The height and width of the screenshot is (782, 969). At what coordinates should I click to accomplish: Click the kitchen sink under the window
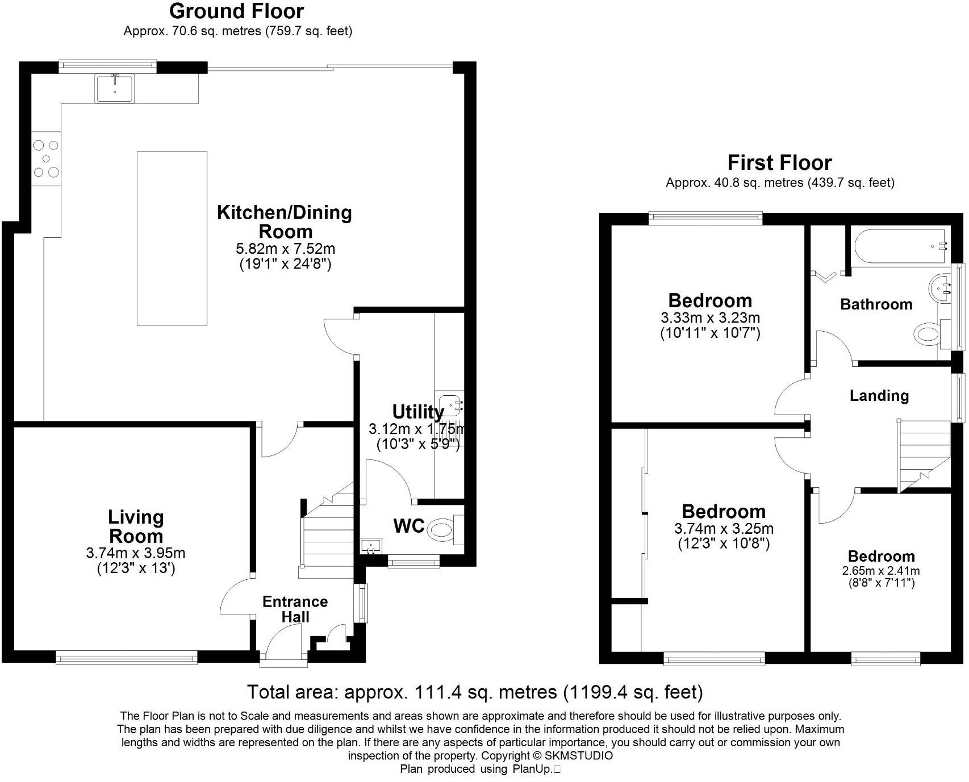pyautogui.click(x=115, y=88)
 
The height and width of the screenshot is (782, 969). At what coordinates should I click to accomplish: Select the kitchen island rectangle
pyautogui.click(x=172, y=238)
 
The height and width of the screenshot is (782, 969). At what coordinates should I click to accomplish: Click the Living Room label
pyautogui.click(x=136, y=526)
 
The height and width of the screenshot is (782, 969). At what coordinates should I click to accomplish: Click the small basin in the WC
pyautogui.click(x=372, y=546)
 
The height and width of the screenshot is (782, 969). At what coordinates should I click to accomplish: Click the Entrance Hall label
pyautogui.click(x=295, y=609)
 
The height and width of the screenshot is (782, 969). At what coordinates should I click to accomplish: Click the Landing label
pyautogui.click(x=879, y=396)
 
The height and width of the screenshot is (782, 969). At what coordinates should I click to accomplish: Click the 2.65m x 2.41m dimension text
pyautogui.click(x=881, y=571)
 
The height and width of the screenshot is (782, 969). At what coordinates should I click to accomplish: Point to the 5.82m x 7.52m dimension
pyautogui.click(x=285, y=249)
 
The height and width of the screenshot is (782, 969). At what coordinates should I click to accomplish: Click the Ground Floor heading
pyautogui.click(x=236, y=11)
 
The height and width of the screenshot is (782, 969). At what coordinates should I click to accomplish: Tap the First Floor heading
pyautogui.click(x=779, y=163)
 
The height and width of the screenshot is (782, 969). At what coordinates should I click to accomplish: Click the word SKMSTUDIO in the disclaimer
pyautogui.click(x=579, y=756)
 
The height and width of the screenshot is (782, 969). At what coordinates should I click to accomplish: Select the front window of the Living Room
pyautogui.click(x=126, y=657)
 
